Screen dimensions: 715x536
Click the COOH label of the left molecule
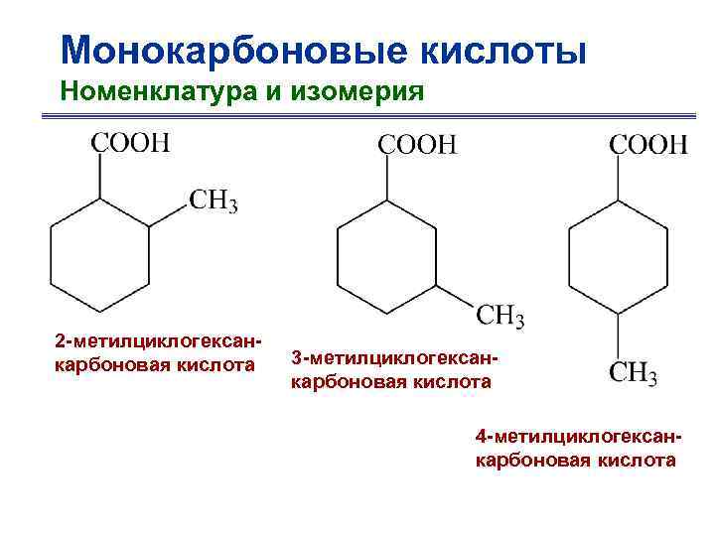coord(130,142)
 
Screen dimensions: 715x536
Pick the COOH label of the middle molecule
coord(417,143)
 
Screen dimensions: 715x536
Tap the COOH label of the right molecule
coord(647,145)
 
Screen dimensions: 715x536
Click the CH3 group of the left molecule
coord(213,201)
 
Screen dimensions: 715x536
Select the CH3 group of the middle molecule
coord(500,317)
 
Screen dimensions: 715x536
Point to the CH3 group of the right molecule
coord(633,374)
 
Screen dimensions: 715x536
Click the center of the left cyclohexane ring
coord(99,256)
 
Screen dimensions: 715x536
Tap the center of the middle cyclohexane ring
coord(387,257)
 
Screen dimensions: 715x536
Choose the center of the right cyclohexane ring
coord(618,257)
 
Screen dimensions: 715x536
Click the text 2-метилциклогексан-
coord(158,342)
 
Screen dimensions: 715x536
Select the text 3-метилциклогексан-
coord(393,356)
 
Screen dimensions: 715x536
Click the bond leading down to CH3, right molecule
coord(618,335)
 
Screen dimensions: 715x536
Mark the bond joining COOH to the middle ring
coord(387,179)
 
